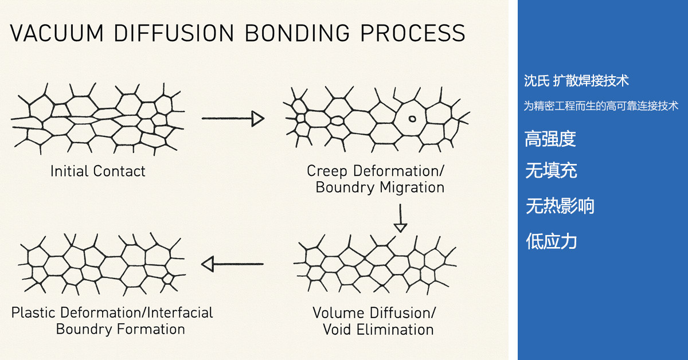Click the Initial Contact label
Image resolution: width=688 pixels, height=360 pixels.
pyautogui.click(x=98, y=171)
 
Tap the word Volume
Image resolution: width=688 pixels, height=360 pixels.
pyautogui.click(x=339, y=313)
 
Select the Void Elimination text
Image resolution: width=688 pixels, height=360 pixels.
pyautogui.click(x=378, y=330)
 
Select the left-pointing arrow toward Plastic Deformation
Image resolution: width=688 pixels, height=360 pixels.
pyautogui.click(x=232, y=264)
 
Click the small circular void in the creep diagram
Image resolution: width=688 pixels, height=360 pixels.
pyautogui.click(x=412, y=119)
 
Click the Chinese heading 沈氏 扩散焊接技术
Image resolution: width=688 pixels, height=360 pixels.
pyautogui.click(x=576, y=81)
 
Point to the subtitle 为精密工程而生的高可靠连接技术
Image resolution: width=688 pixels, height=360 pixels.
pyautogui.click(x=601, y=106)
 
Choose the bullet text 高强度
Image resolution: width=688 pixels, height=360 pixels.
pyautogui.click(x=550, y=139)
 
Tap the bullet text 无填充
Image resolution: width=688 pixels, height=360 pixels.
pyautogui.click(x=551, y=170)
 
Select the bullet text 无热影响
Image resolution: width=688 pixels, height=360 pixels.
pyautogui.click(x=560, y=206)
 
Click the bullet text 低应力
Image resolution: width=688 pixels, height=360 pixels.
pyautogui.click(x=551, y=241)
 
